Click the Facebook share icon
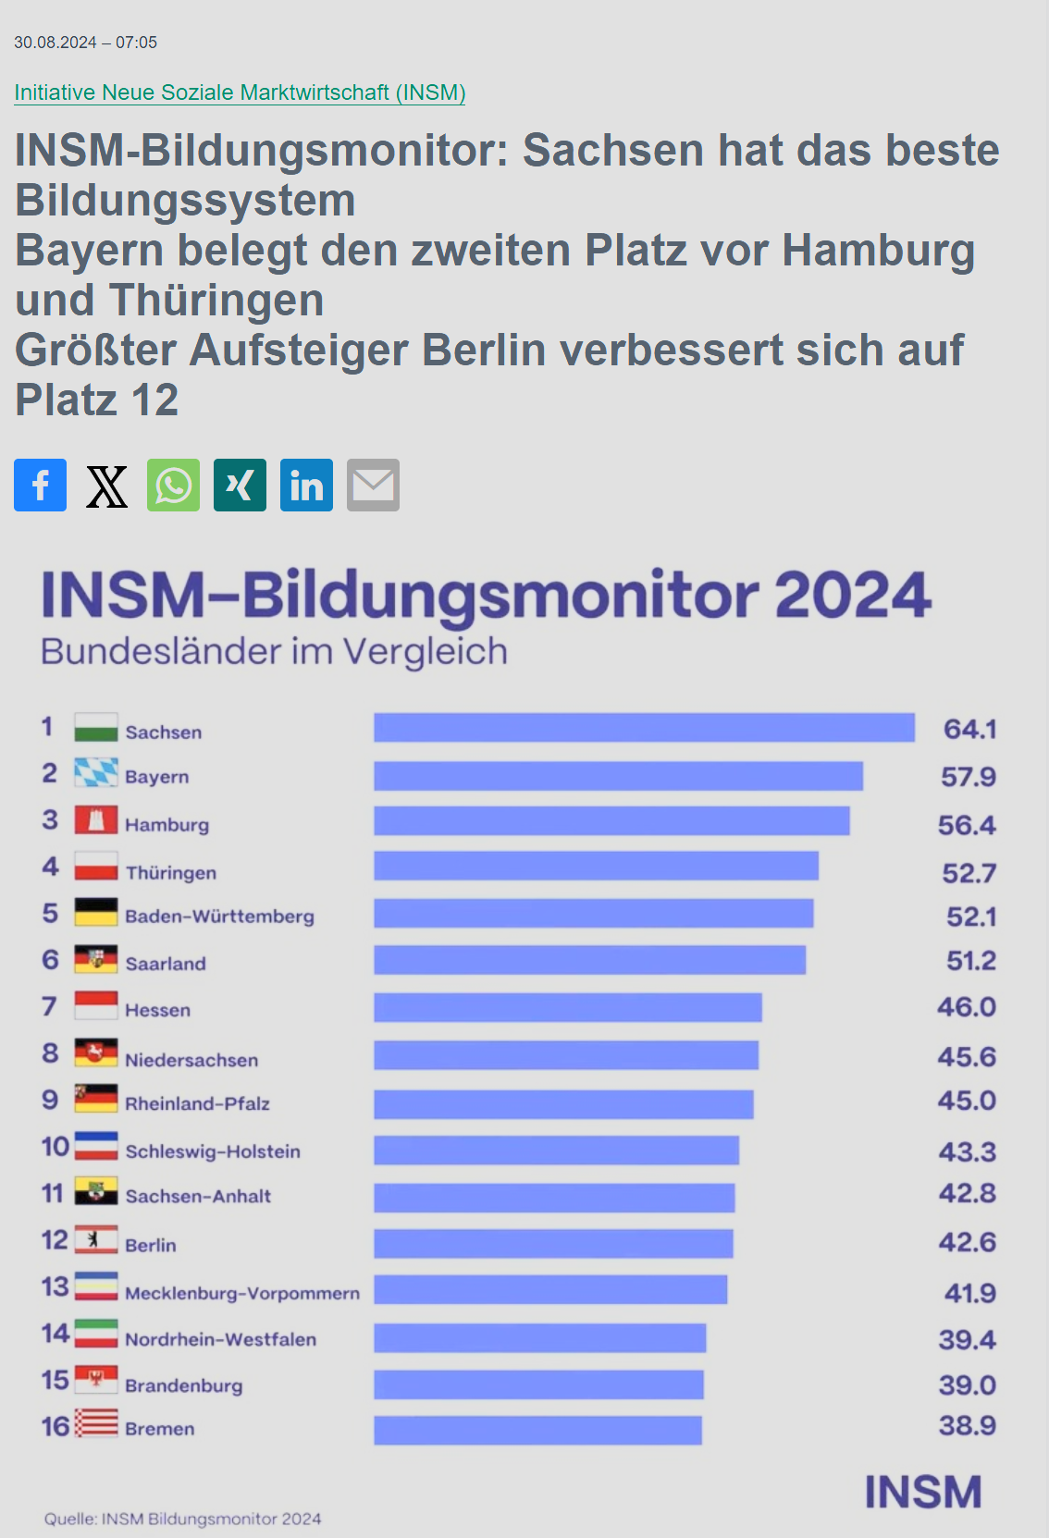[40, 485]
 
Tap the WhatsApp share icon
[173, 485]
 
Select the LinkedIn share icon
[306, 485]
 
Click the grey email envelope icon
[373, 485]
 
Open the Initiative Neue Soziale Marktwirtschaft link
[240, 92]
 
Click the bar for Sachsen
[644, 728]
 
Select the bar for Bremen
[537, 1430]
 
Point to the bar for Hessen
[567, 1007]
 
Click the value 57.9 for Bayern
[968, 777]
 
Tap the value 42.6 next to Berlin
[967, 1242]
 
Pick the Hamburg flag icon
[96, 820]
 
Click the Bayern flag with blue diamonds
[96, 772]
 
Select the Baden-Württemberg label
[219, 917]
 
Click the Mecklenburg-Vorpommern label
[242, 1293]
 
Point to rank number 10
[55, 1147]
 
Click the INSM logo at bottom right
[922, 1492]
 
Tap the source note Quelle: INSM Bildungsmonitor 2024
[182, 1519]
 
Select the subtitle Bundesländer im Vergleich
[274, 652]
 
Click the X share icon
[106, 485]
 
